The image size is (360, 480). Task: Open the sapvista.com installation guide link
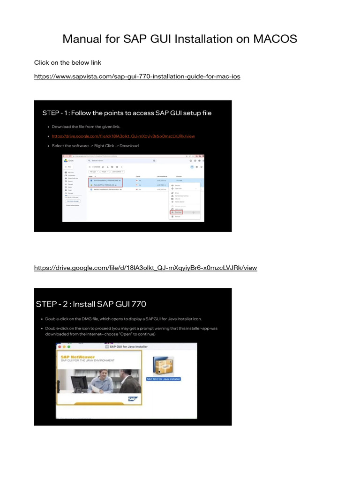(137, 76)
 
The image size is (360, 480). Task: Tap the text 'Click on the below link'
(67, 62)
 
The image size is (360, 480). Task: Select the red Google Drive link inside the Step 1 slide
(123, 136)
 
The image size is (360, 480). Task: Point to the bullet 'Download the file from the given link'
(86, 127)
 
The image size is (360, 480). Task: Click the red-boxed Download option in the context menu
(176, 212)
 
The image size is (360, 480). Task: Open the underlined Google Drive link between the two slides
(145, 268)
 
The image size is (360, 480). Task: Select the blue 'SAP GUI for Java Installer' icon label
(164, 379)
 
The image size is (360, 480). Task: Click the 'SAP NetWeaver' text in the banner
(78, 357)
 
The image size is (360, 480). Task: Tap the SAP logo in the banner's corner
(133, 399)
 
